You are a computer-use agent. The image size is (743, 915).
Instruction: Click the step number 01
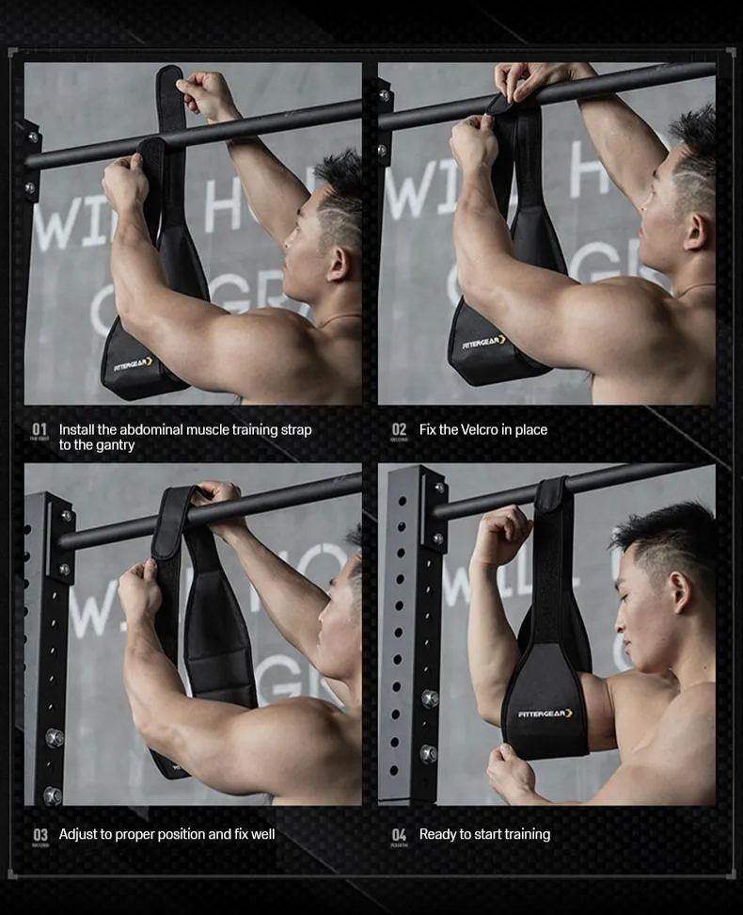point(40,429)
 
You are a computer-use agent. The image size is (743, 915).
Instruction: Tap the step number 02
point(399,429)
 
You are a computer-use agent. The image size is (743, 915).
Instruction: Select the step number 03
point(40,834)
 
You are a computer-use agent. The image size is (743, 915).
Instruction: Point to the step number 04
point(399,834)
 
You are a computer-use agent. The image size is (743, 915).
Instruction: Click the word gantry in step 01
point(113,445)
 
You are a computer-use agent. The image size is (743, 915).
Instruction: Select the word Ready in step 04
point(437,834)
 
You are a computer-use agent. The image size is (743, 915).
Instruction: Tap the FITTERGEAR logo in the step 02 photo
point(483,342)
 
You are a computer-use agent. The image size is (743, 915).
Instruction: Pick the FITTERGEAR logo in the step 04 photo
point(545,714)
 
